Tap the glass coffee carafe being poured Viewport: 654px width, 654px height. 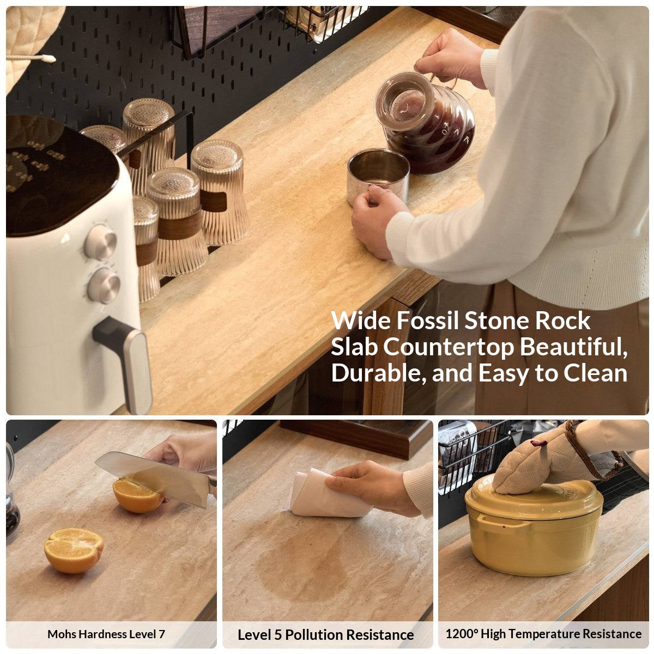(424, 122)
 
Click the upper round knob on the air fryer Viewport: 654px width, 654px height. (100, 241)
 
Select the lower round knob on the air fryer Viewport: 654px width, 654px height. (104, 286)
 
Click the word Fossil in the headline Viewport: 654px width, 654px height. (427, 320)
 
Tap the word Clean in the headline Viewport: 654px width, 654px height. (595, 373)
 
